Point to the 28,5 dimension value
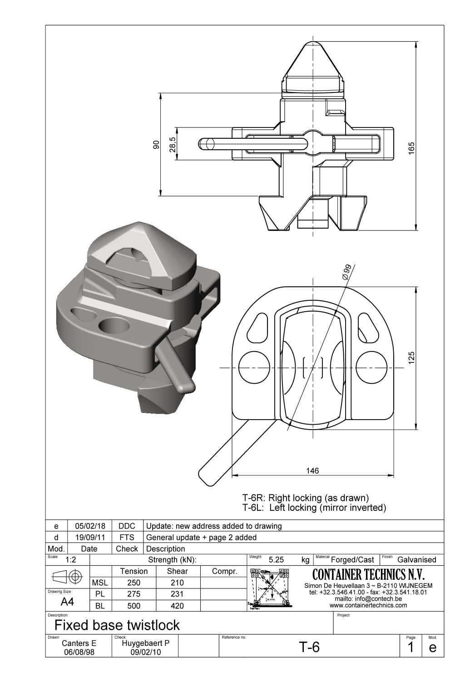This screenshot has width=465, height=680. point(173,144)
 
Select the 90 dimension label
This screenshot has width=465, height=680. point(156,144)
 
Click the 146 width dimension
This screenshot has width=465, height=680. point(312,471)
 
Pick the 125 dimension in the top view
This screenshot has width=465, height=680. point(411,357)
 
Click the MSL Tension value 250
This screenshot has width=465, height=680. point(134,583)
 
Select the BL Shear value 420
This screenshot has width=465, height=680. point(177,606)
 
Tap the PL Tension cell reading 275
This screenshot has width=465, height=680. point(134,594)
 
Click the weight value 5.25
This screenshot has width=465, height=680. point(276,560)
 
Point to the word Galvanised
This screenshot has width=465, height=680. point(416,560)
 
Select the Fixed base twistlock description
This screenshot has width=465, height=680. point(117,625)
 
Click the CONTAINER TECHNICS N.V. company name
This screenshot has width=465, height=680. point(368,575)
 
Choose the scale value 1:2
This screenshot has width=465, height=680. point(70,560)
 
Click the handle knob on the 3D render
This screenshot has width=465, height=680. point(185,386)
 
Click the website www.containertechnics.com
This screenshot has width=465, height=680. point(368,605)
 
